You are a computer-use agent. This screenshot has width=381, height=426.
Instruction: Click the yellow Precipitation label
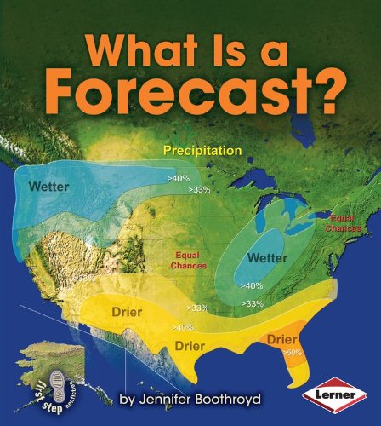click(202, 151)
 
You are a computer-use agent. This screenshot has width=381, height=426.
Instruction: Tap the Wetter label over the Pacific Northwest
click(48, 186)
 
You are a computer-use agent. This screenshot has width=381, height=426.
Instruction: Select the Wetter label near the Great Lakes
click(267, 256)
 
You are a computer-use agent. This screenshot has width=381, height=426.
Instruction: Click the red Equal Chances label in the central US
click(192, 260)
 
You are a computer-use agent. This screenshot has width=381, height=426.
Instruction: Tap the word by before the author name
click(128, 397)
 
